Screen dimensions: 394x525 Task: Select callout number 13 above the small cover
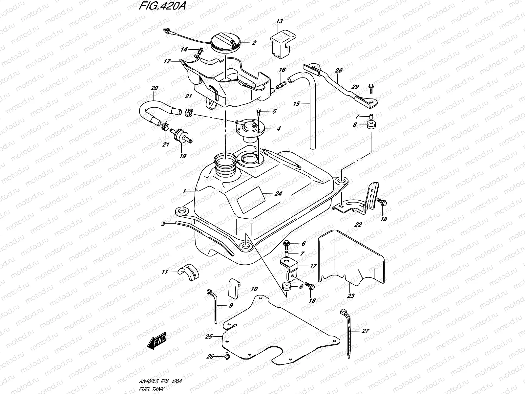pos(279,22)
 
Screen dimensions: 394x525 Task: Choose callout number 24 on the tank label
pos(278,194)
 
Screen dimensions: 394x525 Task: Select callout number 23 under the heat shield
pos(350,296)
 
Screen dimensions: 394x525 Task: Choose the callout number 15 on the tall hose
pos(296,104)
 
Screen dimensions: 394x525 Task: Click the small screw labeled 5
pos(259,112)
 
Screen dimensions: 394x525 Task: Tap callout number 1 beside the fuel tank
pos(185,191)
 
